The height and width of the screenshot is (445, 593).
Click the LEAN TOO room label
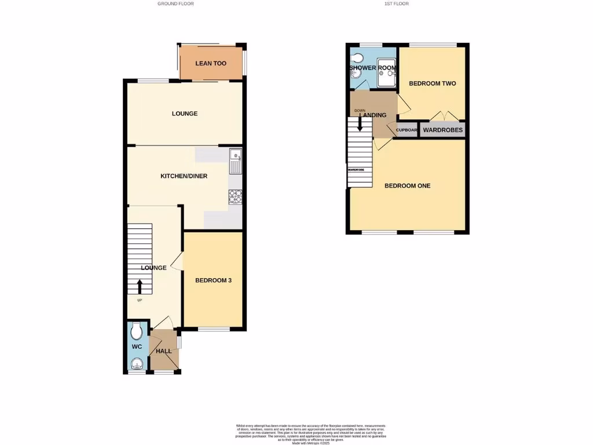point(211,64)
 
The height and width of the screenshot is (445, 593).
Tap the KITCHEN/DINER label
point(184,176)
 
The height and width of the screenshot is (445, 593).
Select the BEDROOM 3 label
point(213,280)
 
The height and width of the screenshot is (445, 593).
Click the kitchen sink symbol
point(235,161)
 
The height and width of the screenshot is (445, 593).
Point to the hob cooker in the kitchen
point(235,196)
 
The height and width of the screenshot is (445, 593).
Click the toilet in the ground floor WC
point(137,332)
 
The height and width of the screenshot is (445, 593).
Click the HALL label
point(164,352)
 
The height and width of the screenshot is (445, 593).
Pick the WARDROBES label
point(443,130)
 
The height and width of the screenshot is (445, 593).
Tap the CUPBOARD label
point(407,130)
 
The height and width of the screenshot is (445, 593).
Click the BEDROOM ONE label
point(408,186)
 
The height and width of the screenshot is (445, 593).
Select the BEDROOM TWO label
point(432,83)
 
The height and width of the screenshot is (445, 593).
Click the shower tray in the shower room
point(386,80)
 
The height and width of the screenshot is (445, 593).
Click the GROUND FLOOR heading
point(175,3)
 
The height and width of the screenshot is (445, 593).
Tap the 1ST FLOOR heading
point(396,3)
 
